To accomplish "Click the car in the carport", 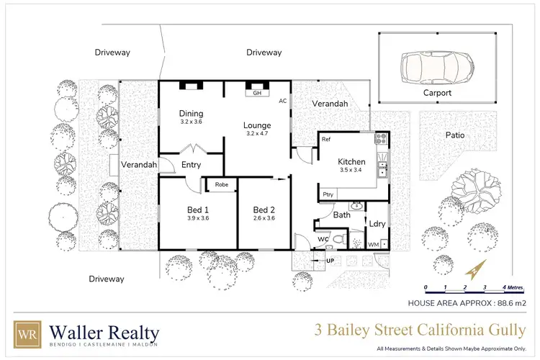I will [436, 67].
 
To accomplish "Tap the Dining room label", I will [192, 113].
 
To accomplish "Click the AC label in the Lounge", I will [282, 101].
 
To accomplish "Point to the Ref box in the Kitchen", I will [326, 139].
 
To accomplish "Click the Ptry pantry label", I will [328, 194].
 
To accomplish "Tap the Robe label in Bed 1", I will [220, 184].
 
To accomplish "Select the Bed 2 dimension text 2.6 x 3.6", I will [264, 218].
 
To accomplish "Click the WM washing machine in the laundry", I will [374, 245].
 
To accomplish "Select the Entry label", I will [192, 165].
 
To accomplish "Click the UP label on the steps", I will [330, 260].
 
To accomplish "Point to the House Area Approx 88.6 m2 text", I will [467, 303].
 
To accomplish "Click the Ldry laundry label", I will [377, 223].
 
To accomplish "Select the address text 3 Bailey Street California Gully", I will [419, 331].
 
